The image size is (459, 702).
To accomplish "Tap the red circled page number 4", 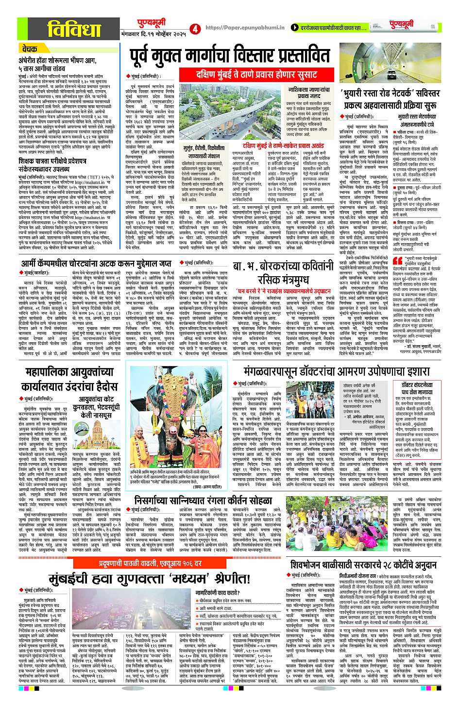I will tap(195, 29).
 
